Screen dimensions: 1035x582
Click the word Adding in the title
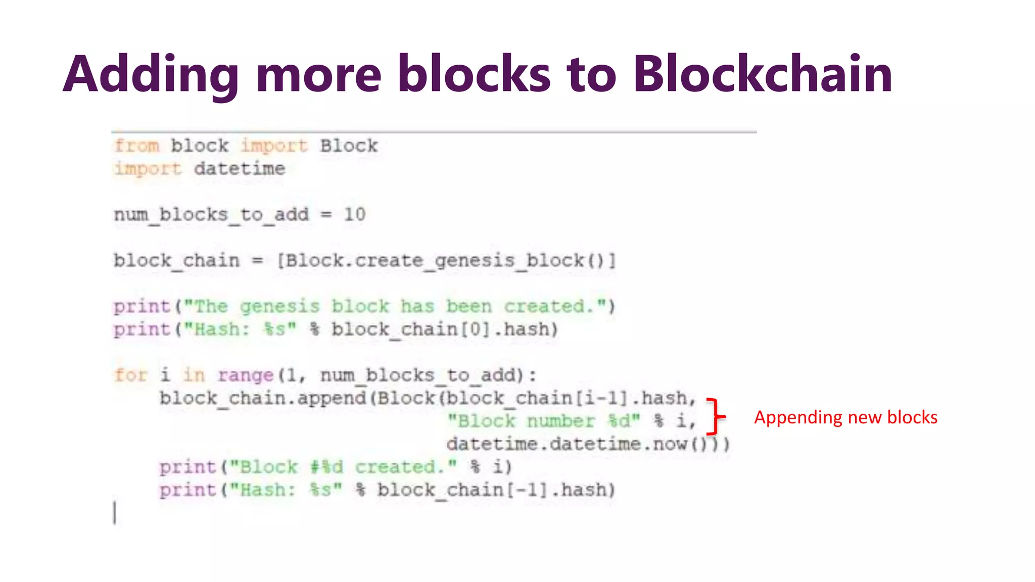(x=151, y=75)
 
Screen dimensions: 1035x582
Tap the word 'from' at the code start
(x=136, y=145)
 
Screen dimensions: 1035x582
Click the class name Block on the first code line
(x=349, y=145)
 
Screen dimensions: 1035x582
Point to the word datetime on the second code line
(x=240, y=168)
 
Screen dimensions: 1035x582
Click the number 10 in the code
(x=354, y=214)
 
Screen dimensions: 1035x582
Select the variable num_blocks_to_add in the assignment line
(x=211, y=214)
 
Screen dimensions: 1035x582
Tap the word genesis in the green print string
(x=279, y=306)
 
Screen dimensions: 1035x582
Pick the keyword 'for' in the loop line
(x=130, y=375)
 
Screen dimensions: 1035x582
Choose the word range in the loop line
(x=246, y=375)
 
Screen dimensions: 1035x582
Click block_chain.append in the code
(x=263, y=398)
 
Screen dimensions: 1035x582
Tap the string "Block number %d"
(x=544, y=421)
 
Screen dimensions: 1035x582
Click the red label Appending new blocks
(x=845, y=417)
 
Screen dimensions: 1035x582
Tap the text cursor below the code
(x=115, y=513)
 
